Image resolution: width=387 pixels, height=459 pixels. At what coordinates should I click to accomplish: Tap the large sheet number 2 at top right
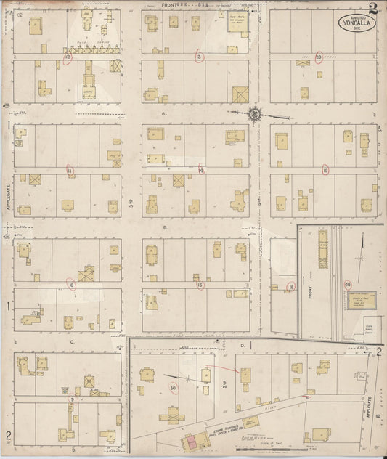372,9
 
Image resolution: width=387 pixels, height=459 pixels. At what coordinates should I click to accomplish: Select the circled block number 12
68,57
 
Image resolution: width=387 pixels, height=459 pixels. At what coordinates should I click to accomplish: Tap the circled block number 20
318,56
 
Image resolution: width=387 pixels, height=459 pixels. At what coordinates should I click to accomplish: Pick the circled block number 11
70,171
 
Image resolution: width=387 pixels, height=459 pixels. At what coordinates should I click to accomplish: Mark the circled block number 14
201,171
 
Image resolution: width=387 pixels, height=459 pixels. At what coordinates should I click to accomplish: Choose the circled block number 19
325,170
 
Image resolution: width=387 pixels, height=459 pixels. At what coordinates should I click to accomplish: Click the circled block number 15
200,285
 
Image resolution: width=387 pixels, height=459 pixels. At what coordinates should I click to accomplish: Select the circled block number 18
290,286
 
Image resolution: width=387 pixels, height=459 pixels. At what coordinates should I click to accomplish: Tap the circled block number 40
348,284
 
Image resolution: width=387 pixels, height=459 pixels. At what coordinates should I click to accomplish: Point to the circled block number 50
173,388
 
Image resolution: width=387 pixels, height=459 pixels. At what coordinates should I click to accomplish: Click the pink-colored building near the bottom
192,440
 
